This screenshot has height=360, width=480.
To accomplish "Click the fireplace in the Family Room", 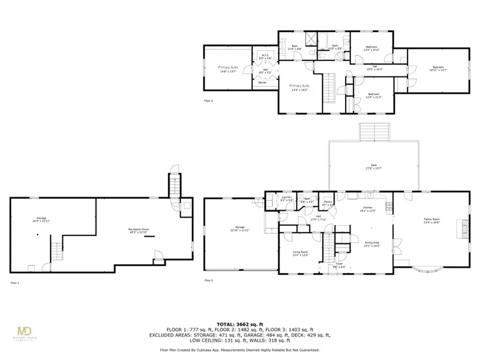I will point(462,229).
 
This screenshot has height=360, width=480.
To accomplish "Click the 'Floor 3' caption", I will point(209,100).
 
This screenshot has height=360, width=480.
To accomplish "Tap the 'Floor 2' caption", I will point(209,280).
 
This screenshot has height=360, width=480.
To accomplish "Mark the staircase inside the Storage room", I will point(57,250).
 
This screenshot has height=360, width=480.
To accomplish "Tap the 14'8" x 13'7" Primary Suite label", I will point(227,68).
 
